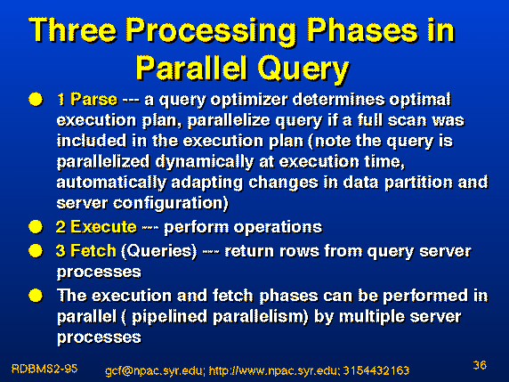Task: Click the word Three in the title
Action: click(x=72, y=30)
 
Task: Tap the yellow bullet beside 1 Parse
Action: click(x=36, y=100)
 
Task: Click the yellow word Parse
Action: click(x=93, y=99)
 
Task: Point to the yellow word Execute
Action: click(x=103, y=227)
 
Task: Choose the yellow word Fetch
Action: click(x=93, y=251)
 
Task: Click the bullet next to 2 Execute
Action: click(x=36, y=227)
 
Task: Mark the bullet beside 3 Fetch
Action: click(x=36, y=251)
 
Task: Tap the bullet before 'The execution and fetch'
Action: click(x=36, y=296)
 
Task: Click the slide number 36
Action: click(x=480, y=365)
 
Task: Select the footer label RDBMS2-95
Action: click(x=44, y=369)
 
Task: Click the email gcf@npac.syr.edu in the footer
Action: click(x=155, y=370)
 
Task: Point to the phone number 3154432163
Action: click(x=376, y=370)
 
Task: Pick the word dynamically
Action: click(x=205, y=162)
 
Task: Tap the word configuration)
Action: click(x=171, y=204)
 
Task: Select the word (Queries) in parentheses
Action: click(x=159, y=251)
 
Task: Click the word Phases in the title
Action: click(x=362, y=30)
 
